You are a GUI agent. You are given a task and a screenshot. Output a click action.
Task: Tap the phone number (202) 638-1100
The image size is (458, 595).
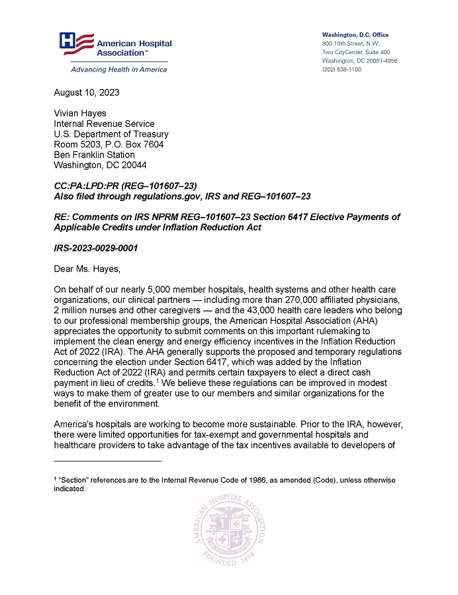pos(342,69)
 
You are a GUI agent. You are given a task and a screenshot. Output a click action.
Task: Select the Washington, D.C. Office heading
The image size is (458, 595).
pos(355,35)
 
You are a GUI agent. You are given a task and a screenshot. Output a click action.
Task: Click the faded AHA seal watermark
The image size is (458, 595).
pos(229,529)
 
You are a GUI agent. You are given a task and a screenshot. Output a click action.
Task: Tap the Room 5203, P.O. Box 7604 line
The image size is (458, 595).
pos(109,144)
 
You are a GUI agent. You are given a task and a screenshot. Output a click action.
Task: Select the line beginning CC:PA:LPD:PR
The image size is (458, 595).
pos(126,186)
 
